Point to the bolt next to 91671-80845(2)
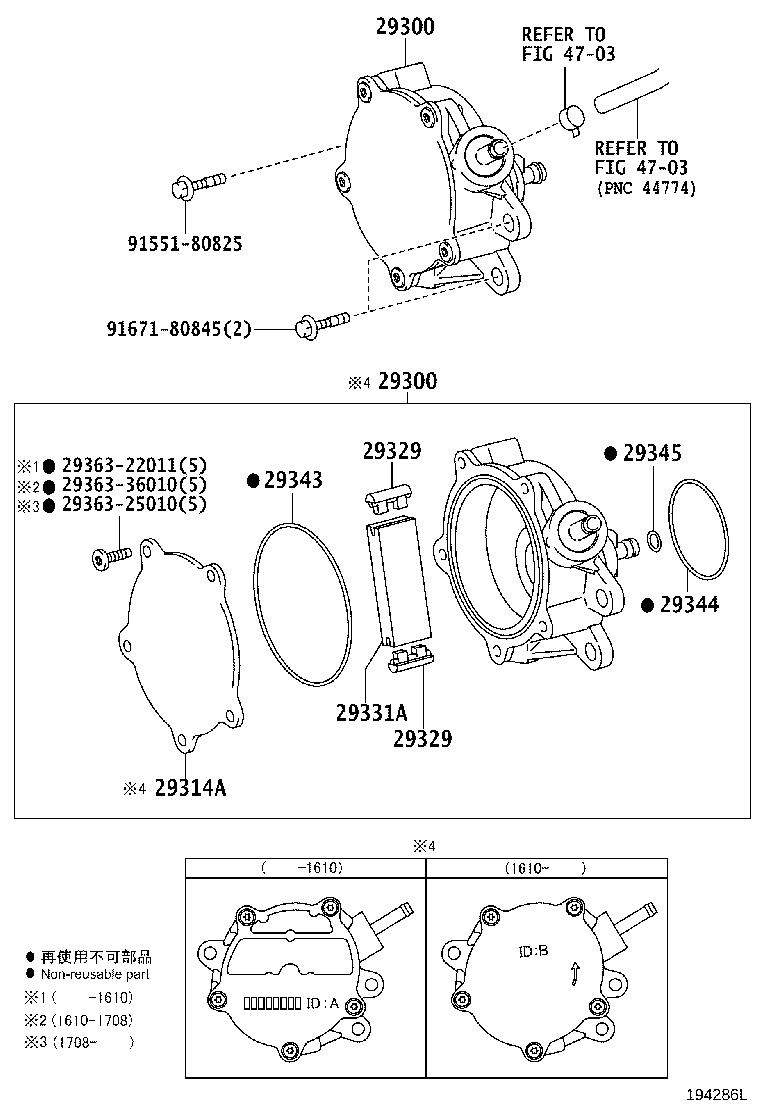coord(319,322)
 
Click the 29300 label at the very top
coord(405,27)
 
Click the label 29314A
coord(190,788)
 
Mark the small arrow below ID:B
coord(572,974)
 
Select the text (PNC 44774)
coord(646,187)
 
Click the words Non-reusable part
coord(95,974)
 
